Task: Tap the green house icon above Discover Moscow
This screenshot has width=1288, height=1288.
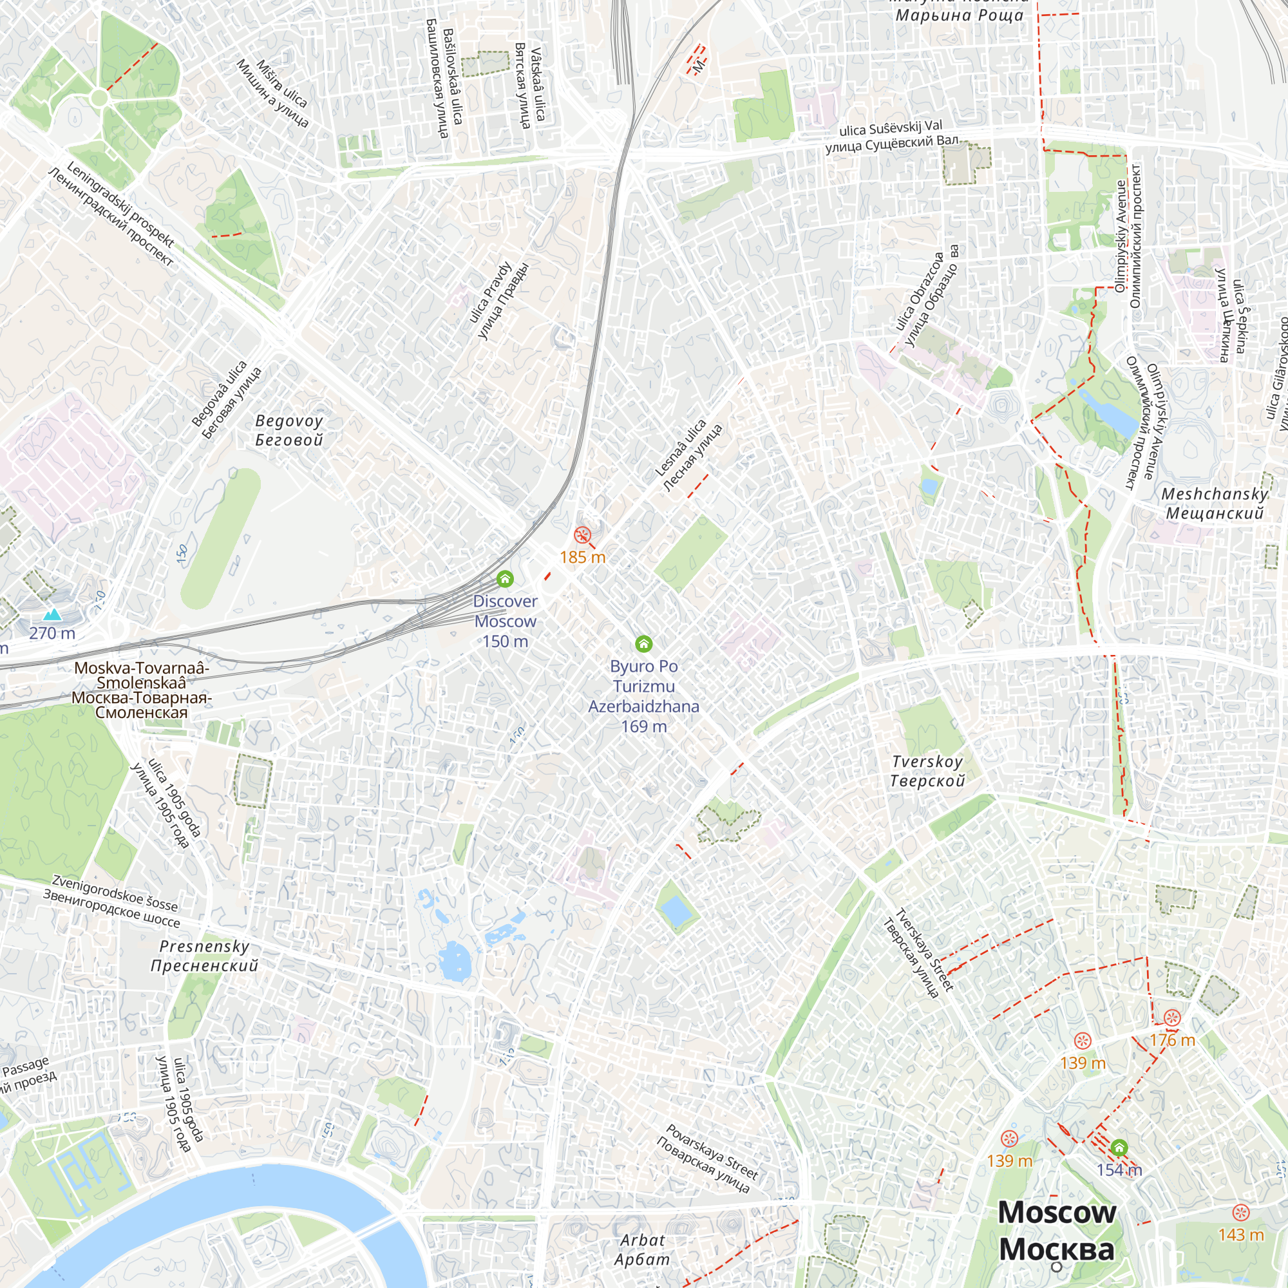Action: (x=506, y=578)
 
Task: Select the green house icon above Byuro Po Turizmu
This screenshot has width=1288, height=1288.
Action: (x=643, y=643)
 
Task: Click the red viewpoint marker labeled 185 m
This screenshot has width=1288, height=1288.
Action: (x=582, y=535)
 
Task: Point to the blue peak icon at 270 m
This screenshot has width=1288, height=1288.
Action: (x=52, y=614)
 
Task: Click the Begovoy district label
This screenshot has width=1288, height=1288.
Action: (x=289, y=430)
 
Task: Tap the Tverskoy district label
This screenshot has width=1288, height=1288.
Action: (x=927, y=771)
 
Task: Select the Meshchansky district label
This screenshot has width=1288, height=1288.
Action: (x=1214, y=504)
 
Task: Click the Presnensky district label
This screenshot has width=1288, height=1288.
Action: (x=205, y=955)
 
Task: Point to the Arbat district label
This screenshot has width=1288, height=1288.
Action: (x=642, y=1249)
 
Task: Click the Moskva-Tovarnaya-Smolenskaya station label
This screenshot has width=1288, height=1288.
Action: (x=141, y=689)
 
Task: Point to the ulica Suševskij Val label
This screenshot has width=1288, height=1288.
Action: (x=891, y=135)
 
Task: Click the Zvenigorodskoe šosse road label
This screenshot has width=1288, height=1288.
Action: (x=113, y=902)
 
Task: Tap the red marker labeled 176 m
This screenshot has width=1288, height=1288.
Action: (x=1172, y=1018)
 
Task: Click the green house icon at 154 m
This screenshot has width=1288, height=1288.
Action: (x=1119, y=1148)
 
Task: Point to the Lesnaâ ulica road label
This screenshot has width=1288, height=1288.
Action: (x=688, y=455)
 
